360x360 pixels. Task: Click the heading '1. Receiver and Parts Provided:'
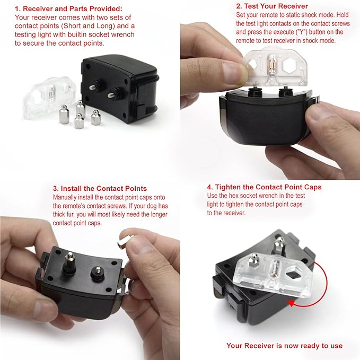pos(68,8)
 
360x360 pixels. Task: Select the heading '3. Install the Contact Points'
pos(100,189)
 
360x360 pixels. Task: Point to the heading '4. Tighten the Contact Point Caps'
pos(264,187)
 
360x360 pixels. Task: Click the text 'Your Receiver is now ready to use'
pos(284,346)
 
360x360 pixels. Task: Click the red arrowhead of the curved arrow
pos(292,303)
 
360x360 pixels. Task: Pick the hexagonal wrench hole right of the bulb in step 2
pos(290,66)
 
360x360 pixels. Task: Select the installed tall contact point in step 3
pos(69,262)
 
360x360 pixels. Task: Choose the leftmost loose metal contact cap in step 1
pos(64,115)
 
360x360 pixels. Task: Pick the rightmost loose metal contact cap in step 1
pos(96,118)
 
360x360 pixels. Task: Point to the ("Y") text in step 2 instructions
pos(301,32)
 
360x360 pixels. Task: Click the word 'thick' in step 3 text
pos(60,214)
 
